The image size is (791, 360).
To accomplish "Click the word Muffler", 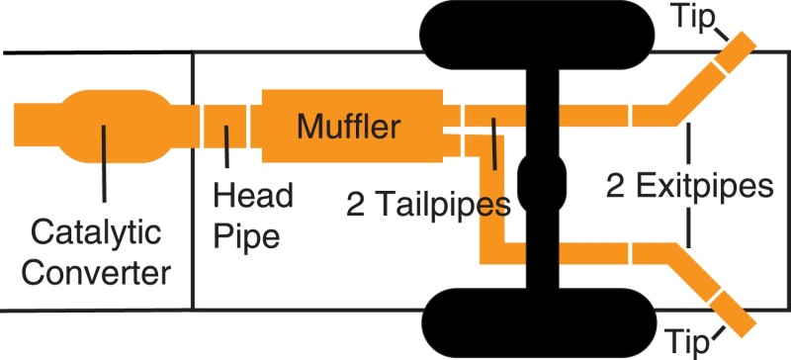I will (x=348, y=127).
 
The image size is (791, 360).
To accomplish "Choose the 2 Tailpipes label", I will (x=427, y=205).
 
